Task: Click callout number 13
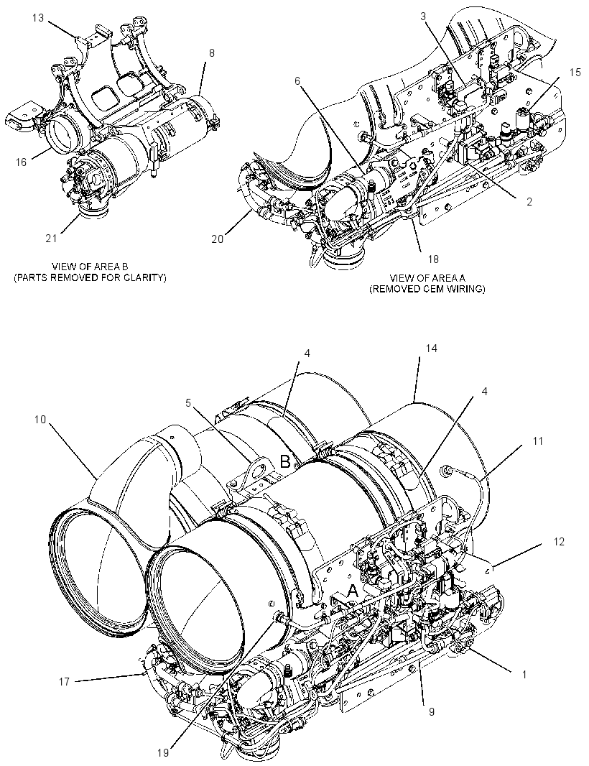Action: point(38,18)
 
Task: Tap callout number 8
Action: point(211,53)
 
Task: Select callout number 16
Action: point(21,162)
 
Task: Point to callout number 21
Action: point(51,239)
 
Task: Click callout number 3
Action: point(423,16)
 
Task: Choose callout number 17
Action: point(65,681)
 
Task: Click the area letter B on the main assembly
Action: point(285,461)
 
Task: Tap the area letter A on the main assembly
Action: point(353,591)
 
